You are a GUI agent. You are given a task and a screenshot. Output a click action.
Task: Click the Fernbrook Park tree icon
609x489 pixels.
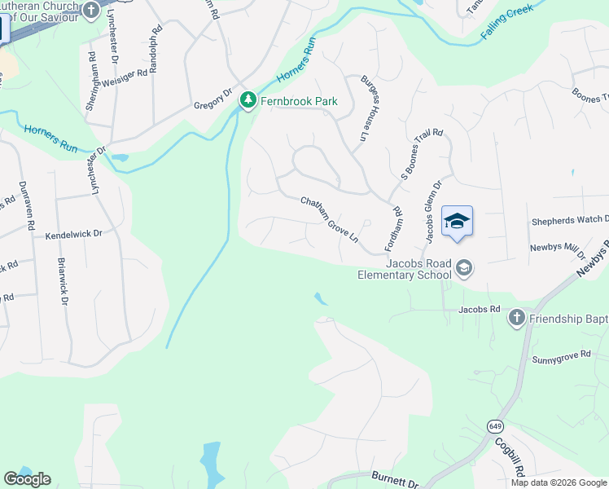tap(248, 101)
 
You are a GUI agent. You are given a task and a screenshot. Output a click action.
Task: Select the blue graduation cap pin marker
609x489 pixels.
tap(457, 221)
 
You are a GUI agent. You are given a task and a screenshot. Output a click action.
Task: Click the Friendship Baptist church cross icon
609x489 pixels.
tap(515, 317)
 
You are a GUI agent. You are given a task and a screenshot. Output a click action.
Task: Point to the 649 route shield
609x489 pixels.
tap(494, 426)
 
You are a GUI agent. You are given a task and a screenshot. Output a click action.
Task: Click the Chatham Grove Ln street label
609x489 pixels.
tap(330, 219)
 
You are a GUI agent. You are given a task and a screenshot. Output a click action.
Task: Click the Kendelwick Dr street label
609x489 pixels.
tap(73, 233)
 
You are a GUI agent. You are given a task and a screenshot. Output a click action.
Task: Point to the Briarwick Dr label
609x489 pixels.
tap(62, 282)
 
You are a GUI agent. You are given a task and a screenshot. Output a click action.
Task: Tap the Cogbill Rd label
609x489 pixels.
tap(511, 457)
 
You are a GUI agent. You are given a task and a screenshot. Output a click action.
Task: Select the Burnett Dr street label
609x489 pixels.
tap(395, 479)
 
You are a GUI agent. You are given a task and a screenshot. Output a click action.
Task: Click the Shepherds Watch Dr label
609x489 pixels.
tap(570, 220)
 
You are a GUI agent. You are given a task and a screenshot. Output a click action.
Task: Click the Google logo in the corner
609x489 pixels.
tap(27, 479)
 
